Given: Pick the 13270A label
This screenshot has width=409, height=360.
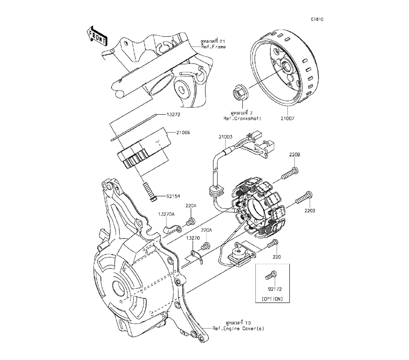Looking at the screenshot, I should [x=166, y=214].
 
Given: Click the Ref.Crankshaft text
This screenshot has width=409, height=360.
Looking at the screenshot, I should [x=243, y=118].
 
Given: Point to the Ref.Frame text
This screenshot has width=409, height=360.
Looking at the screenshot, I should [x=213, y=47].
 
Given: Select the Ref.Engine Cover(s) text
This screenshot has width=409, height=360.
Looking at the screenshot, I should [x=239, y=328].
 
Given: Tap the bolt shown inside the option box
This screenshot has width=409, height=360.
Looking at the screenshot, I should [x=270, y=276].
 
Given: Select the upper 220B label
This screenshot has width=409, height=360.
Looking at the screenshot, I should [x=295, y=155].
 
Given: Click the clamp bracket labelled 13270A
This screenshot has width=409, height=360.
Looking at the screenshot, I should [x=170, y=228].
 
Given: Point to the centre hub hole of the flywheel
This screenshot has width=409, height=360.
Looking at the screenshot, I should [x=284, y=65].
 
